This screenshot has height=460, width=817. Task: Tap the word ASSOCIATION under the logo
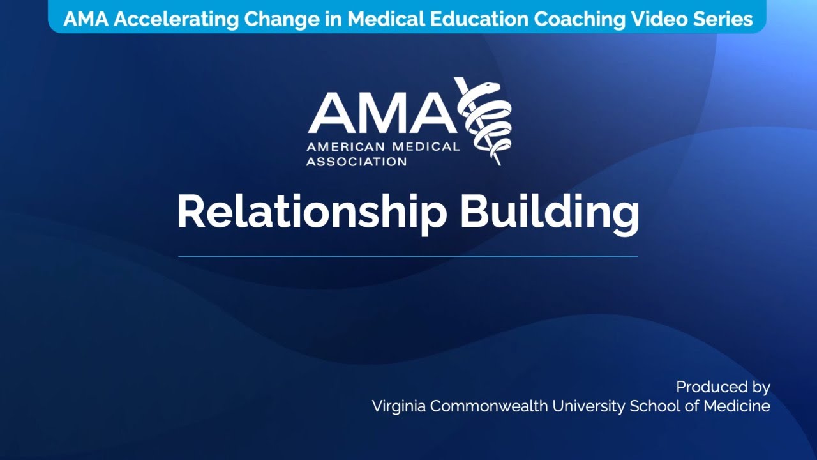pos(356,162)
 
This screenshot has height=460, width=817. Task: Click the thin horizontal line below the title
pos(408,256)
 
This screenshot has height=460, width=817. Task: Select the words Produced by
pos(723,387)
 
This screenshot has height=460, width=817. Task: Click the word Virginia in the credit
pos(399,406)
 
